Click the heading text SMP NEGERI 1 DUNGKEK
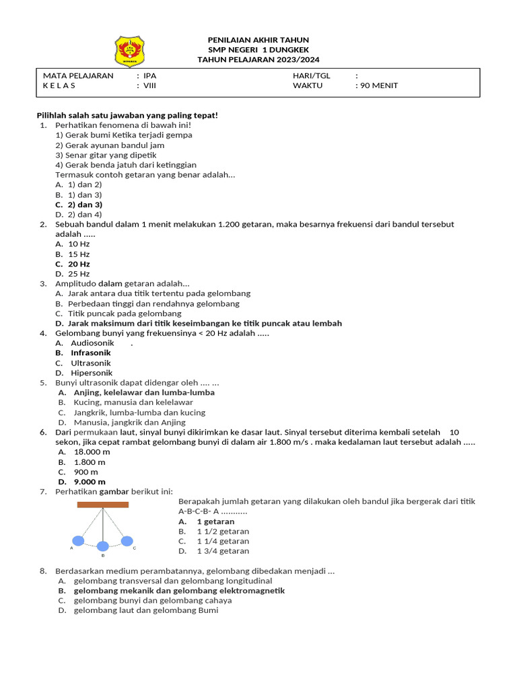[258, 50]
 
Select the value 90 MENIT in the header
[378, 85]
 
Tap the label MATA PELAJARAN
[78, 76]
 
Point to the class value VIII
[151, 85]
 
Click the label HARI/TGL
[311, 76]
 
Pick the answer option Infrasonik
[91, 353]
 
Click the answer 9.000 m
[90, 482]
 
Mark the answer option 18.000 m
[92, 452]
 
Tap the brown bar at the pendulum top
[103, 504]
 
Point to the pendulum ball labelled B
[102, 545]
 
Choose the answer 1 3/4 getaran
[223, 551]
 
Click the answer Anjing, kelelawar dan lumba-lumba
[144, 392]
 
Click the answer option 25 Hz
[79, 274]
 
